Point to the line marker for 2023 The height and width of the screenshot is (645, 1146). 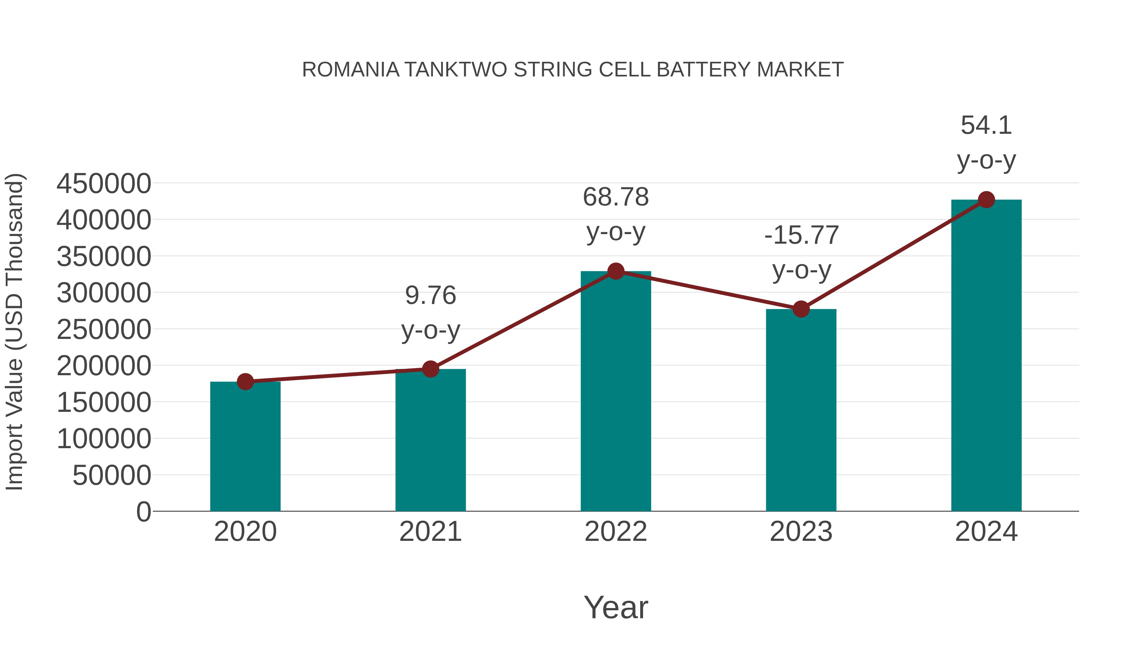801,309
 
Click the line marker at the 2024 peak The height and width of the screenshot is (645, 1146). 986,199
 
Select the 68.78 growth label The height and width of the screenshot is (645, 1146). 616,197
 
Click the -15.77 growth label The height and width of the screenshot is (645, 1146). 801,235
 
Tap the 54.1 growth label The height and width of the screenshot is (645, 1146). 986,125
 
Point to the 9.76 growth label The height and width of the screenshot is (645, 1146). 430,295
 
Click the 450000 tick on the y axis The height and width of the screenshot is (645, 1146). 104,183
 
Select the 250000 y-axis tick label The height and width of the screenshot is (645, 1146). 104,330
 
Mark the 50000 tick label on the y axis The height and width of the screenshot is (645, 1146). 112,476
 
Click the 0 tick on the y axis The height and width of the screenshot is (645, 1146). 144,512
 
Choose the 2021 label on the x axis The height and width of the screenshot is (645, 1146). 430,532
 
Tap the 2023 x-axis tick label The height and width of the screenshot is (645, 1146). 801,532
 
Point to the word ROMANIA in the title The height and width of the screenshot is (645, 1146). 350,70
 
